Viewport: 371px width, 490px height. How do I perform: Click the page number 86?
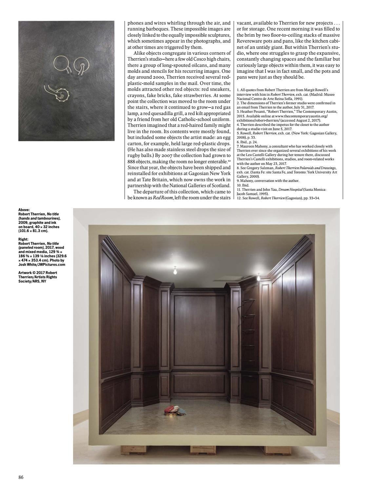pos(21,477)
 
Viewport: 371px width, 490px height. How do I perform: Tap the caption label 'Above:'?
pos(24,210)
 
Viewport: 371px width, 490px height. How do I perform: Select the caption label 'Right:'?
pos(23,239)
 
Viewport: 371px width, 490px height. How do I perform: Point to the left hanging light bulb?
pos(175,271)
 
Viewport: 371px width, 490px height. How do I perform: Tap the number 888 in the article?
pos(132,162)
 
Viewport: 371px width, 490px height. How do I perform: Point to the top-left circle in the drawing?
pos(60,64)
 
